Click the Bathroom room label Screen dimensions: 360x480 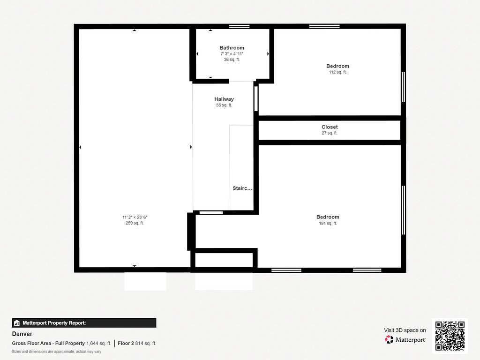[x=232, y=48]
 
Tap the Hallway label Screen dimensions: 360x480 [x=224, y=99]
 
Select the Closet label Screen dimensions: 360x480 [x=330, y=127]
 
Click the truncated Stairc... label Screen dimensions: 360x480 [x=242, y=188]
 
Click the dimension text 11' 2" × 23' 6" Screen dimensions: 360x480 [x=135, y=217]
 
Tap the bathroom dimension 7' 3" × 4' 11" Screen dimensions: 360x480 [x=232, y=54]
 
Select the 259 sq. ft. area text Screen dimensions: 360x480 [x=135, y=223]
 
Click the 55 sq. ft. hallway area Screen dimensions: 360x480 [x=224, y=105]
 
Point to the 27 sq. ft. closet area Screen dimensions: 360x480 [x=330, y=133]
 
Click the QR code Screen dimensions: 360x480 [x=450, y=336]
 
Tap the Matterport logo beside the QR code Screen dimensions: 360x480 [x=406, y=339]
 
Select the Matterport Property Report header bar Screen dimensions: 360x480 [x=84, y=322]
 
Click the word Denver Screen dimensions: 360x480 [x=22, y=334]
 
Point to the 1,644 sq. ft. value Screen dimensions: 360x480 [x=98, y=343]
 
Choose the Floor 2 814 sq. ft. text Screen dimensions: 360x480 [x=137, y=343]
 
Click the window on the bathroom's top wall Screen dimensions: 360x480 [x=239, y=26]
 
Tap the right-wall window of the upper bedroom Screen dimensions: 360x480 [x=403, y=87]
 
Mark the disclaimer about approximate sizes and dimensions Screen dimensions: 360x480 [x=56, y=352]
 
